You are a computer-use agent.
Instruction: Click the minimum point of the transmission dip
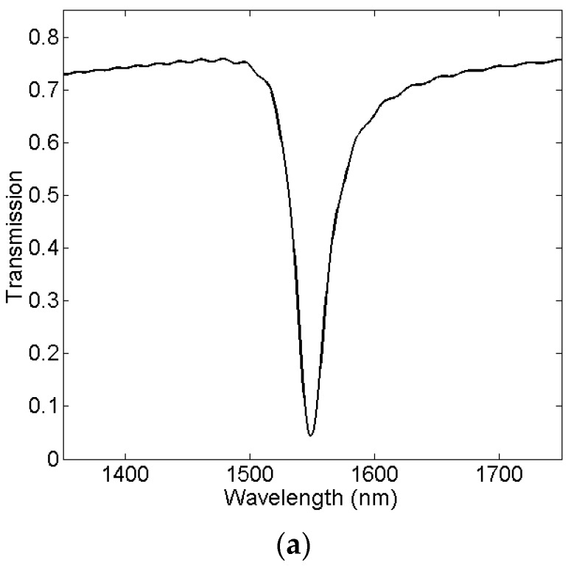point(311,435)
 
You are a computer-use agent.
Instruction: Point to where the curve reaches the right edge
point(561,59)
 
